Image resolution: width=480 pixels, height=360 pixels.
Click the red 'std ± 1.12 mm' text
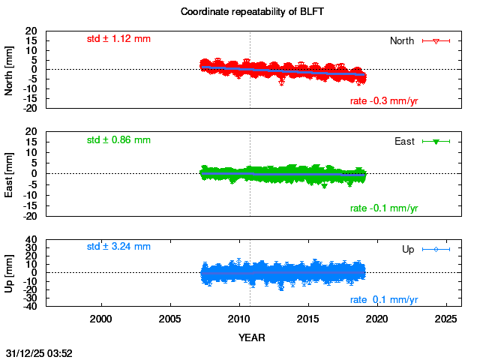tap(118, 38)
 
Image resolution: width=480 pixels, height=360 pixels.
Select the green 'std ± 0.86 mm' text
tap(118, 139)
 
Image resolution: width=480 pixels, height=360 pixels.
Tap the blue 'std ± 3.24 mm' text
tap(118, 246)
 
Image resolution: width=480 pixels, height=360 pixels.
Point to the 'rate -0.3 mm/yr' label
tap(384, 101)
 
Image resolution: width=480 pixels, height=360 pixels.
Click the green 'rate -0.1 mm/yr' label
tap(384, 208)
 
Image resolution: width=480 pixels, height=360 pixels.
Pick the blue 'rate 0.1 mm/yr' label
tap(384, 300)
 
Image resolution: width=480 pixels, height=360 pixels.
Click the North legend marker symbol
tap(436, 40)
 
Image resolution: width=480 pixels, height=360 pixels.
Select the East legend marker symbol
tap(436, 142)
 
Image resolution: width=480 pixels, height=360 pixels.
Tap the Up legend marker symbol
tap(436, 249)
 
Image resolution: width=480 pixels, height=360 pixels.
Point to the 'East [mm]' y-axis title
tap(9, 174)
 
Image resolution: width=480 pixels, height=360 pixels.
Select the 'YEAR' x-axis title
tap(251, 337)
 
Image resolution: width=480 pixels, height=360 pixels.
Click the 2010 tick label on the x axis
tap(239, 318)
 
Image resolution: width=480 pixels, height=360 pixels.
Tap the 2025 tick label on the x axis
tap(447, 318)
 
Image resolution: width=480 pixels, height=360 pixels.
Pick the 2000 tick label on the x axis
tap(101, 318)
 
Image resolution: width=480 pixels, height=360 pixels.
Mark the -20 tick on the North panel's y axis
tap(31, 108)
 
